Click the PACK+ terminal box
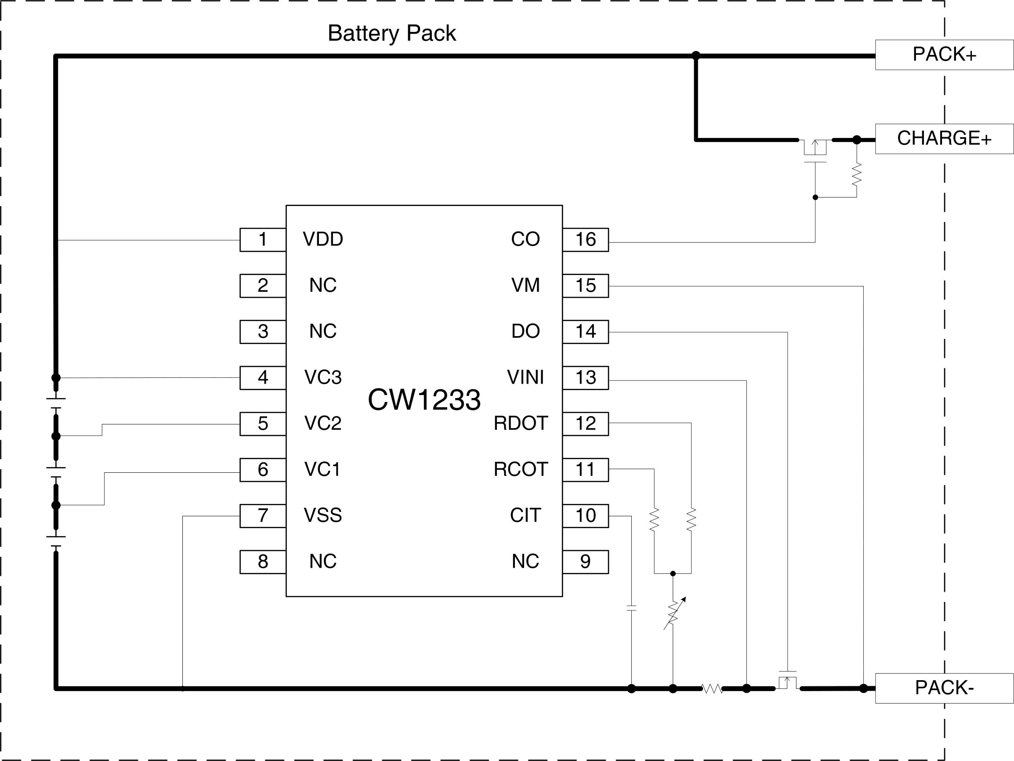click(x=944, y=54)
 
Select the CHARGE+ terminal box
click(x=944, y=138)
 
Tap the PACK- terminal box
click(x=944, y=688)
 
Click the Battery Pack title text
click(x=391, y=33)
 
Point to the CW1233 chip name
click(x=424, y=400)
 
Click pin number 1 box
click(x=263, y=239)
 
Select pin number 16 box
click(x=585, y=239)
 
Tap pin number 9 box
click(x=585, y=562)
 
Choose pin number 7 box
click(x=263, y=516)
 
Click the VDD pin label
click(x=323, y=239)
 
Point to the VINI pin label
click(x=525, y=377)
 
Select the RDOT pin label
click(x=521, y=423)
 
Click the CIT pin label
click(x=525, y=515)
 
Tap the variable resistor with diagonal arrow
click(x=673, y=613)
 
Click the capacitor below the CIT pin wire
click(x=631, y=609)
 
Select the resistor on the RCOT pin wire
click(x=654, y=519)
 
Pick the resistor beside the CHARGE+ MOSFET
click(x=856, y=174)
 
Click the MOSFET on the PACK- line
click(x=788, y=680)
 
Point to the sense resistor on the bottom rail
click(x=712, y=688)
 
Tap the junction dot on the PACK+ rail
click(x=696, y=55)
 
